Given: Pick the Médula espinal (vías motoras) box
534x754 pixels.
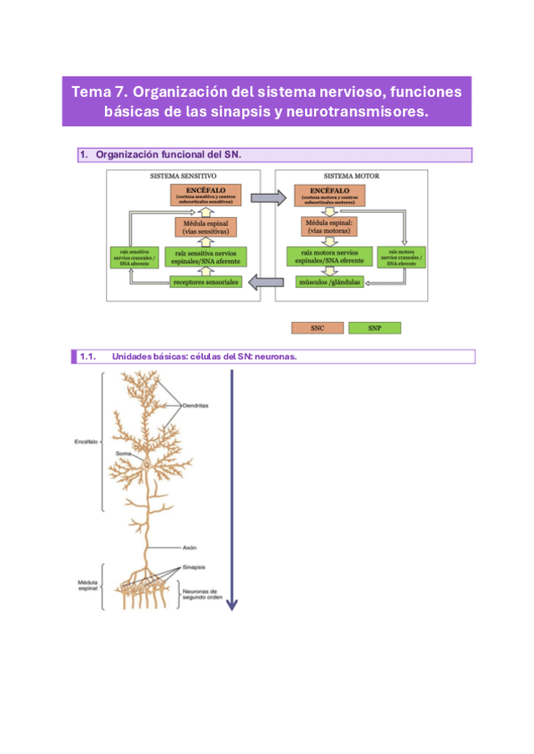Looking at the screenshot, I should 330,227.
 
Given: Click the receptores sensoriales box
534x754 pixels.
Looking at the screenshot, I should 206,283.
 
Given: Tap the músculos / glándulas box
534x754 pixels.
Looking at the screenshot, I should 328,283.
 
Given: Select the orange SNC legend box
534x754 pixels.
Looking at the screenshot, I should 317,328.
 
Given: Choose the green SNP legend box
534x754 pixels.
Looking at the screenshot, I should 374,328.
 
